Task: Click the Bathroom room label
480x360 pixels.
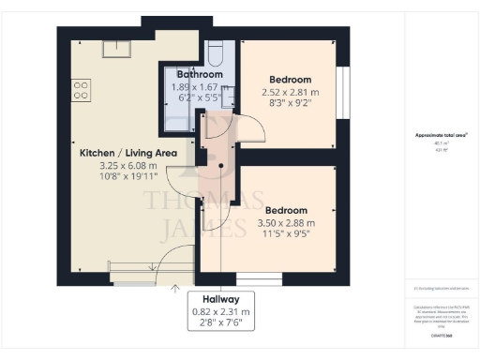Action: [200, 74]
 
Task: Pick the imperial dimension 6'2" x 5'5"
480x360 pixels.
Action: [200, 97]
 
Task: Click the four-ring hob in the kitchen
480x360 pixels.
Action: [82, 90]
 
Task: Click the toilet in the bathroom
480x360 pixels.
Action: [215, 51]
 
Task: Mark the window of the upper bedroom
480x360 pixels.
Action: [344, 94]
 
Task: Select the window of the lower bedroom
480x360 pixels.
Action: [258, 278]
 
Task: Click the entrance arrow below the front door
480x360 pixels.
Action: [175, 290]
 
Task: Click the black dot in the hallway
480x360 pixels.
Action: [221, 166]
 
